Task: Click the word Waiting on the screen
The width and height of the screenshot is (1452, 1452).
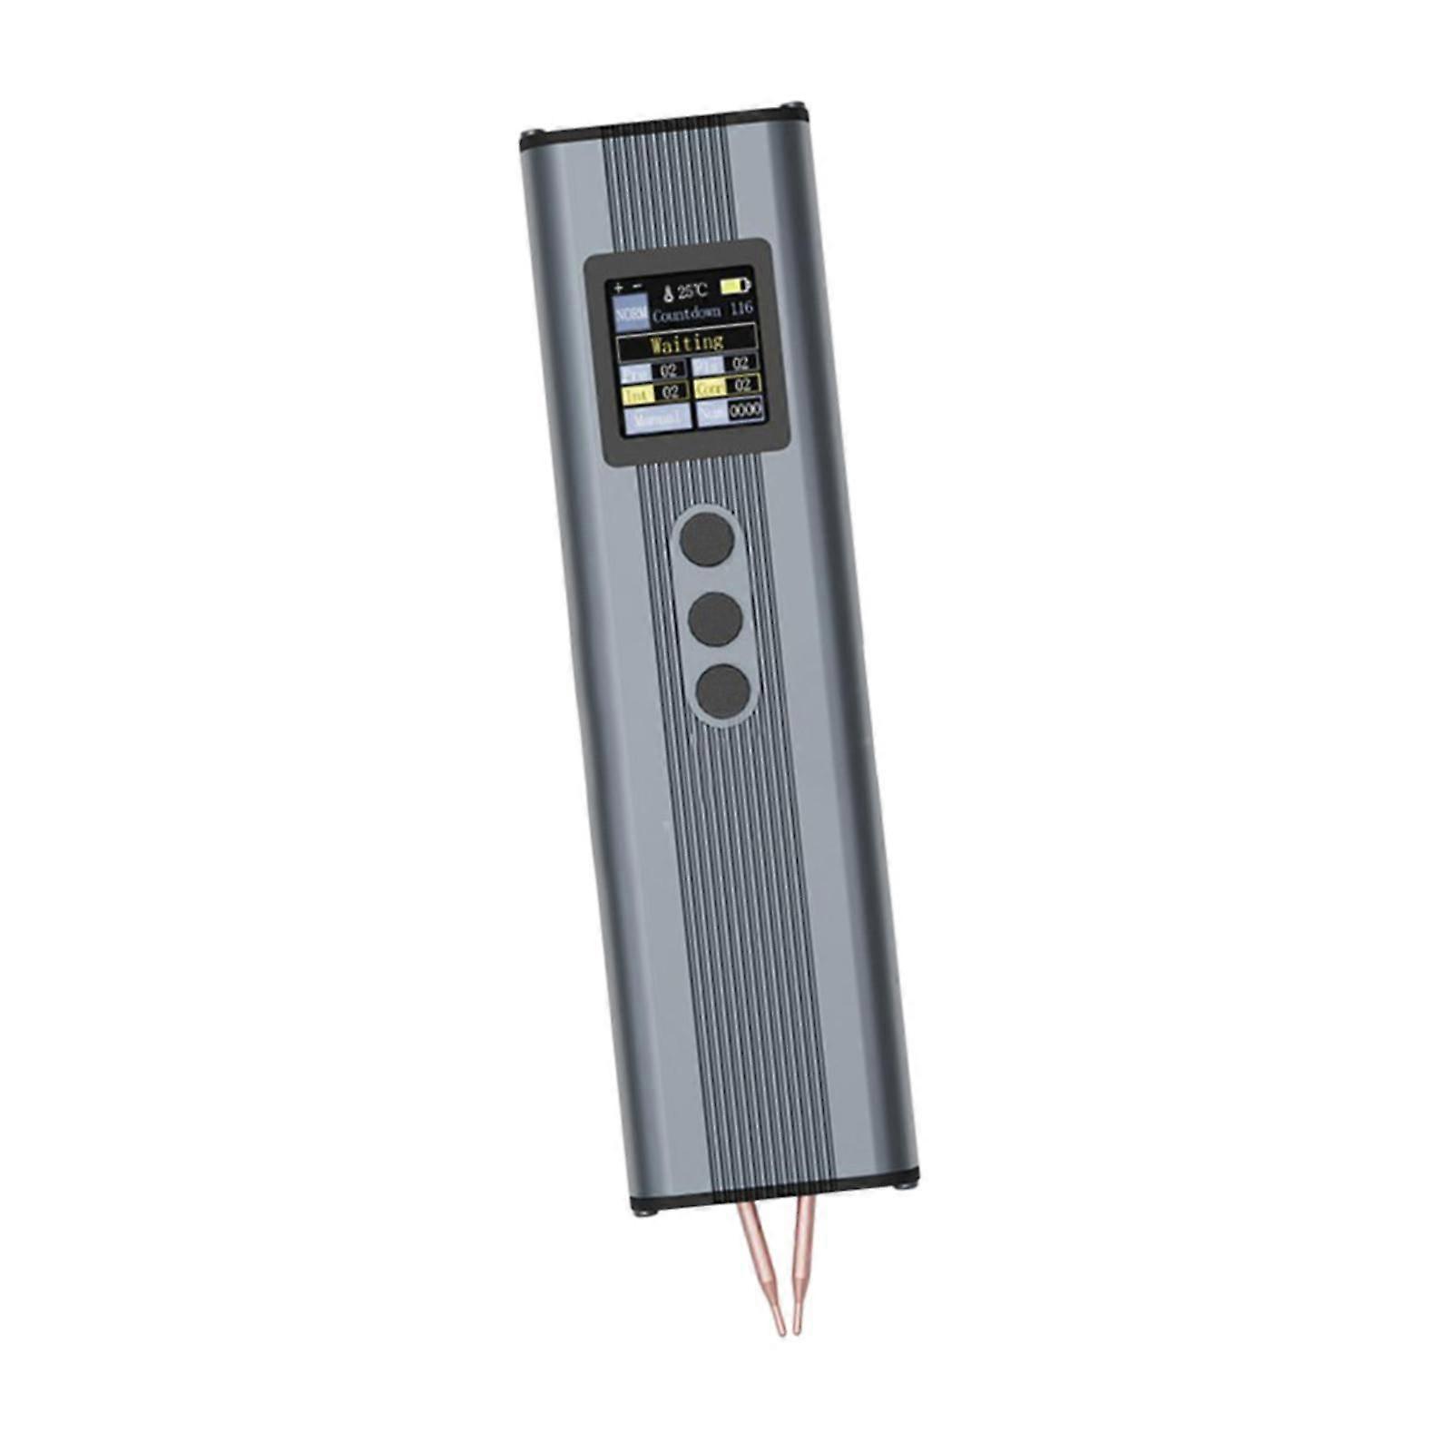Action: [x=687, y=343]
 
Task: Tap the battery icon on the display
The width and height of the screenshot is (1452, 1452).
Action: [x=735, y=286]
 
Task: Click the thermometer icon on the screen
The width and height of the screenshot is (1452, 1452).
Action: [x=668, y=292]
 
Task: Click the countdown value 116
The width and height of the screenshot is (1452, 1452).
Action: [x=741, y=309]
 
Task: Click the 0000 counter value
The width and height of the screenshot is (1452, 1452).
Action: [x=745, y=409]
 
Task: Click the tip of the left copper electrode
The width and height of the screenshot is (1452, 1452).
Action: [x=780, y=1333]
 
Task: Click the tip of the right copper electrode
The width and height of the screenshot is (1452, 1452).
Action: [x=797, y=1331]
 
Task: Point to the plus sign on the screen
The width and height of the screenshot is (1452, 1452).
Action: [x=619, y=286]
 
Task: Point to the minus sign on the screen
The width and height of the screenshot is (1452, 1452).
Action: [x=637, y=285]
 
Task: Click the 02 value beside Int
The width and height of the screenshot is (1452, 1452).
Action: [x=670, y=393]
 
